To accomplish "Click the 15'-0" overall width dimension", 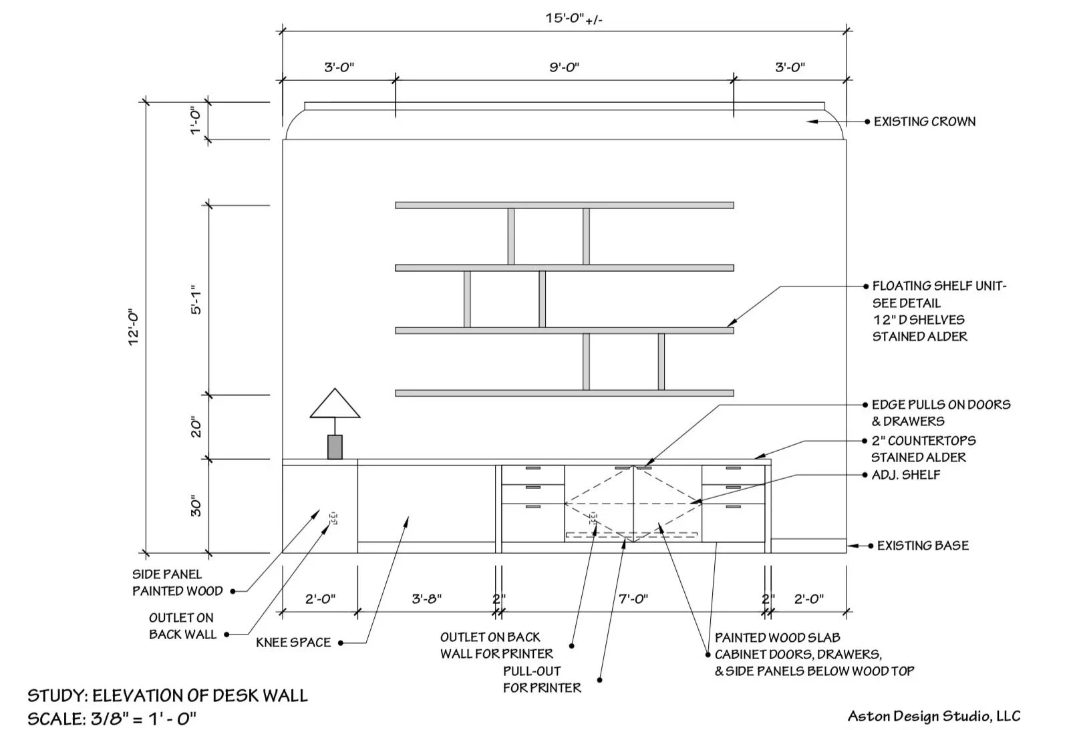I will [574, 18].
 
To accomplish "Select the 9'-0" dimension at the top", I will [564, 67].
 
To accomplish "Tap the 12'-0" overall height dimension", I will [134, 327].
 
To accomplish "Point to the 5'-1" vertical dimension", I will [196, 301].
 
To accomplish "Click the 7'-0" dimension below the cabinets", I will [633, 599].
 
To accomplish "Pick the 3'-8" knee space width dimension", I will [426, 599].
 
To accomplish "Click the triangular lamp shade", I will [335, 404].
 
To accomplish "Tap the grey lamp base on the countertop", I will [335, 447].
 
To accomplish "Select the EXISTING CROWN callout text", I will [924, 122].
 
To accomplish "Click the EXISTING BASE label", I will [922, 546].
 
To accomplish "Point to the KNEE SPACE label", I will [293, 643].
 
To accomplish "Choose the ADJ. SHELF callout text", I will [905, 475].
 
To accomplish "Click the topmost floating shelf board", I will [564, 205].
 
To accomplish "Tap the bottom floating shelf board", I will [564, 393].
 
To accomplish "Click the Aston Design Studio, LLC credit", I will [933, 717].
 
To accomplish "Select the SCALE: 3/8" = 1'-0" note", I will [112, 719].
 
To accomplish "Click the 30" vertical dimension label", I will [196, 506].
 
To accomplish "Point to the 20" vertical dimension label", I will [196, 427].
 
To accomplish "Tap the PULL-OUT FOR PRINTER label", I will [542, 679].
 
